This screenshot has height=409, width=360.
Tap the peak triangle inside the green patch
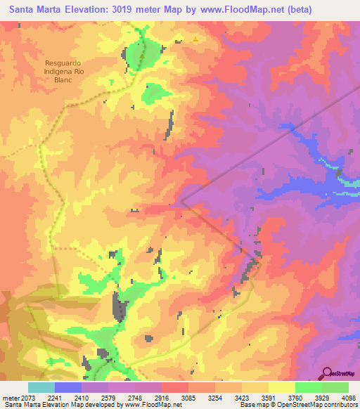click(x=143, y=56)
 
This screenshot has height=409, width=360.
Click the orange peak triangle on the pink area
click(x=195, y=39)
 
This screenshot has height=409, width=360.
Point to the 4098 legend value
click(x=347, y=397)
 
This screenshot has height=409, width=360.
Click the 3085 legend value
click(x=188, y=397)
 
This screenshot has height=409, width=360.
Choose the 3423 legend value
click(x=241, y=397)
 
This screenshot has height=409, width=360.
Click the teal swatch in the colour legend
click(x=41, y=387)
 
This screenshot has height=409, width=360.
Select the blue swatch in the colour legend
click(x=68, y=387)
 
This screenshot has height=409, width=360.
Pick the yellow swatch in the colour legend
click(x=281, y=387)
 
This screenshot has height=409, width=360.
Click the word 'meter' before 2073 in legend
click(x=11, y=397)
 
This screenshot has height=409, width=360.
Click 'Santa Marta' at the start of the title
click(x=32, y=9)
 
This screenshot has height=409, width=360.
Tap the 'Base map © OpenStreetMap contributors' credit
click(x=300, y=405)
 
